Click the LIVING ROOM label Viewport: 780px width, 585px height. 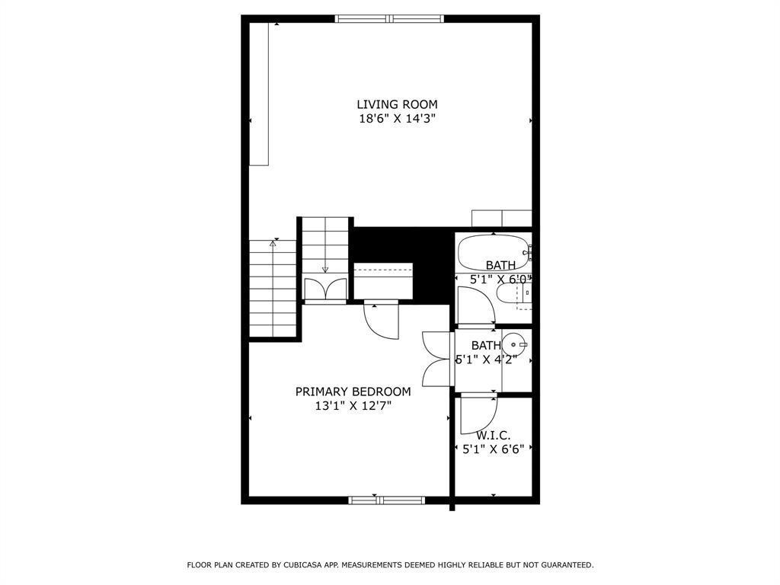(397, 104)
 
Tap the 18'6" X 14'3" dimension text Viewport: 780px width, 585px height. (397, 119)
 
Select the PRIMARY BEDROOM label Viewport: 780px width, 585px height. (353, 392)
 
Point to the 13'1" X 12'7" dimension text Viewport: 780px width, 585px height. (353, 406)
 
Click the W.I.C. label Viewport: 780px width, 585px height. (493, 436)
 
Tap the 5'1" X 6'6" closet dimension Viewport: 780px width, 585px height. (494, 449)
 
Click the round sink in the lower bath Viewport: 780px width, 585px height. (514, 344)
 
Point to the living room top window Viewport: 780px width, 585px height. (389, 19)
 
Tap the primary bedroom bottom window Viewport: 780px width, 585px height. (386, 500)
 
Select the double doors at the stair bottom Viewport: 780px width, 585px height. (325, 289)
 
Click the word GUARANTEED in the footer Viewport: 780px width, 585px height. (567, 565)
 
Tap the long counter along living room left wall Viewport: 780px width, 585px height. (259, 94)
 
